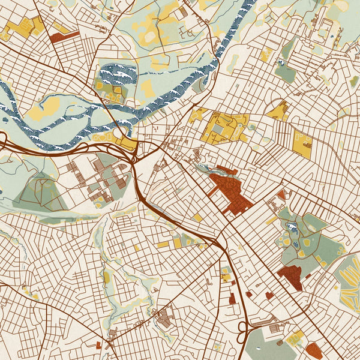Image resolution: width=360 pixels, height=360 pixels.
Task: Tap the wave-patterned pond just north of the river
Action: tap(117, 75)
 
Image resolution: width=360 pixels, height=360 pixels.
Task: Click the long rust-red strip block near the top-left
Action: tap(64, 37)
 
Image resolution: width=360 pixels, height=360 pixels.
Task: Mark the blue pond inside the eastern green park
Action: tap(292, 227)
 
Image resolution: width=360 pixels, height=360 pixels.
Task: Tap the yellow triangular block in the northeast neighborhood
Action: tap(278, 111)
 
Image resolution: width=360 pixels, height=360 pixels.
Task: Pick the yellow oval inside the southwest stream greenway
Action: tap(107, 277)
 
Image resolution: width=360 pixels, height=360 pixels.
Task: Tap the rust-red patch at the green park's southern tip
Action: tap(290, 276)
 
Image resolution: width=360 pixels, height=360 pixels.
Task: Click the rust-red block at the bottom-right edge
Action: tap(314, 351)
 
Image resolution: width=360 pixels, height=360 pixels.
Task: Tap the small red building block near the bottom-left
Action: tap(99, 345)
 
